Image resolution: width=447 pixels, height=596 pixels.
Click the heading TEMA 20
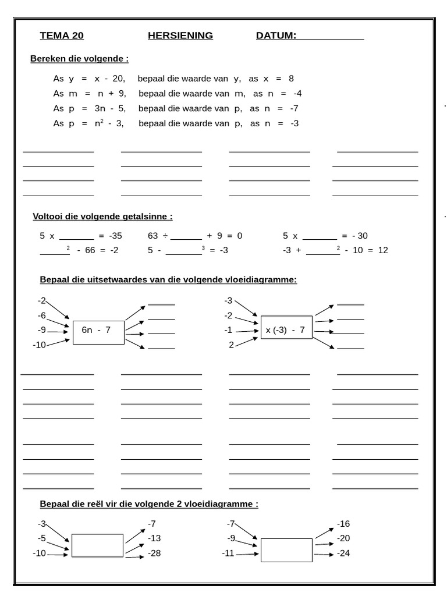(x=62, y=36)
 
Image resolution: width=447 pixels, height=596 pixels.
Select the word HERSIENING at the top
(x=180, y=36)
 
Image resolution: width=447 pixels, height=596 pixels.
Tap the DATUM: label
(x=276, y=36)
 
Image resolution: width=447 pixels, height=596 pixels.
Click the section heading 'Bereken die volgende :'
(x=79, y=59)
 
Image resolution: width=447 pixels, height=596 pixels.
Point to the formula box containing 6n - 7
(x=98, y=332)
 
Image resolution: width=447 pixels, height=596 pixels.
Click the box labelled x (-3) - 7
(x=286, y=331)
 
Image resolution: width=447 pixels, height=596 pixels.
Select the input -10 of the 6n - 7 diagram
(x=39, y=345)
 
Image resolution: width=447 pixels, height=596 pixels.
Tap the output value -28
(x=154, y=553)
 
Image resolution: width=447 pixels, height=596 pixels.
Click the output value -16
(x=343, y=523)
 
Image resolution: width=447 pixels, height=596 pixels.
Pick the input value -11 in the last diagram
(x=228, y=553)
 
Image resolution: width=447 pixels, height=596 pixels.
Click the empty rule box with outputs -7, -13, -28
(x=97, y=545)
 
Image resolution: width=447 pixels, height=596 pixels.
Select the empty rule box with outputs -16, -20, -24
(x=286, y=550)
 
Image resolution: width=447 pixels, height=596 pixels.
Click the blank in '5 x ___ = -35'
(x=76, y=236)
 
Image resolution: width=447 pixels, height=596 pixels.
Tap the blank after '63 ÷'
(x=186, y=236)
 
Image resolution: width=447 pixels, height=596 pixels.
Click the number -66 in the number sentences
(x=89, y=250)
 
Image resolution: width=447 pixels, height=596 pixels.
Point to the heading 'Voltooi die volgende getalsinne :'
(x=102, y=217)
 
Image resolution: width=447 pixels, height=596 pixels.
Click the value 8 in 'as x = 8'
(x=291, y=79)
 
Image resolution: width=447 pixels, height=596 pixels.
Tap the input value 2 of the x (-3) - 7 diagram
(x=231, y=345)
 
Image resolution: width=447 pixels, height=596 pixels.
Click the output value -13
(x=154, y=538)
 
